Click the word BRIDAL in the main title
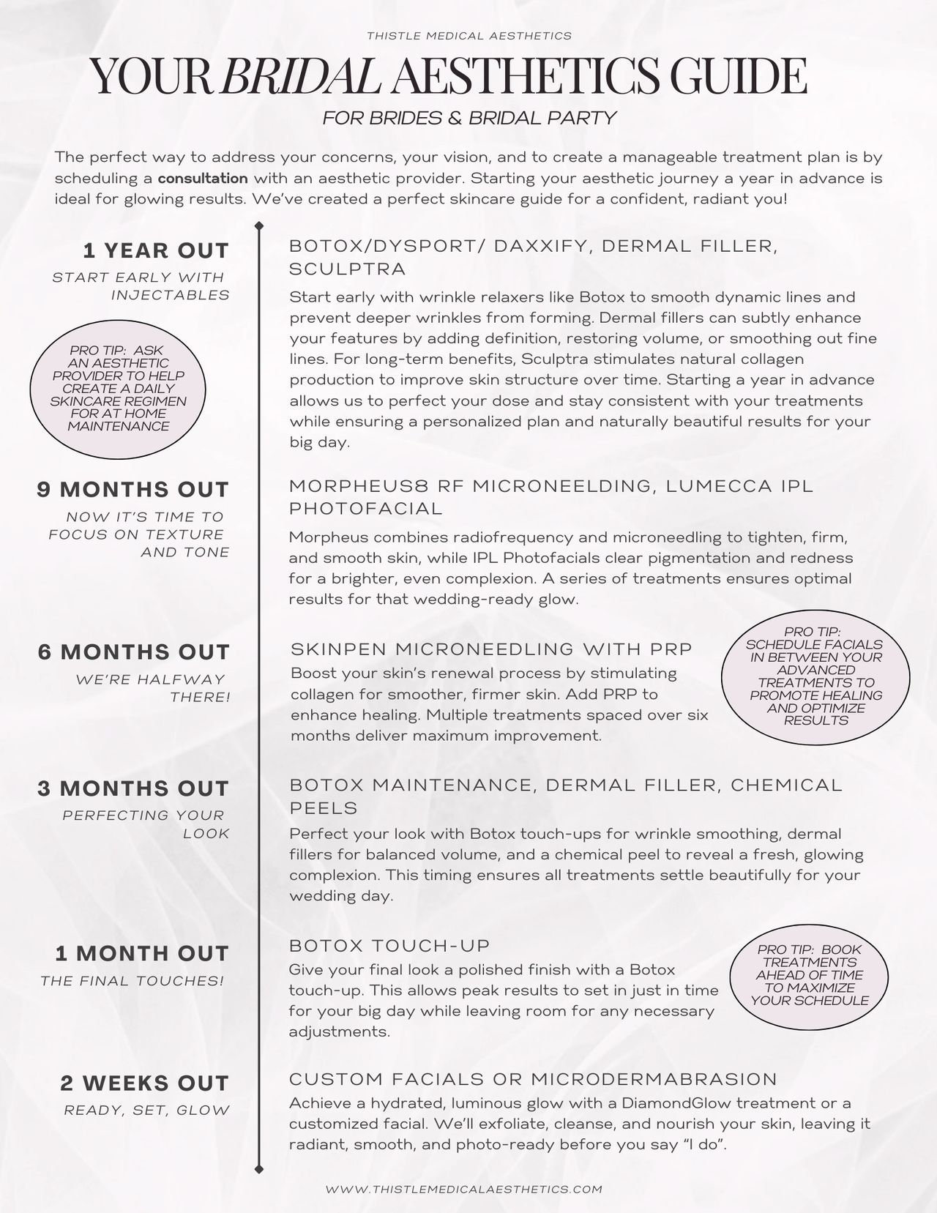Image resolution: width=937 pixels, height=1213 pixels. tap(301, 76)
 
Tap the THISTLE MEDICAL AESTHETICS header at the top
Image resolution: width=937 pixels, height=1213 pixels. tap(469, 35)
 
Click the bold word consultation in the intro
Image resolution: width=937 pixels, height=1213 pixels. tap(203, 178)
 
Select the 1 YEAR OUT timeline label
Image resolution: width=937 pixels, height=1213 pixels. tap(156, 251)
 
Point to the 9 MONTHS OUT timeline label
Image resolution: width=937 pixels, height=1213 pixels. tap(133, 490)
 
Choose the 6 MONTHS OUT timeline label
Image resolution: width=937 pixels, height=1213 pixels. tap(134, 652)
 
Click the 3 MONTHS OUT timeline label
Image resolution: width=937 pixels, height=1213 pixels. tap(134, 788)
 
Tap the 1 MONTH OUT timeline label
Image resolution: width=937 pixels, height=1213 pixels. tap(142, 954)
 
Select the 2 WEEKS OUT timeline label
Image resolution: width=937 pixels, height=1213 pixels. tap(145, 1083)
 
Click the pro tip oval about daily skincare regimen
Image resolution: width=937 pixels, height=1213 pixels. tap(118, 389)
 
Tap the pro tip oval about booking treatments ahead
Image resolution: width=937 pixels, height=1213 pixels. tap(810, 975)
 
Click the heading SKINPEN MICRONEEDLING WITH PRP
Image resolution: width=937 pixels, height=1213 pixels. tap(491, 649)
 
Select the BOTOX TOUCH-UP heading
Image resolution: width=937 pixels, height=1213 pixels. tap(389, 946)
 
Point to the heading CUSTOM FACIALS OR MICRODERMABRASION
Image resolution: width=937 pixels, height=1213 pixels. tap(533, 1079)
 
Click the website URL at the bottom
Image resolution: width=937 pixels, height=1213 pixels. tap(464, 1190)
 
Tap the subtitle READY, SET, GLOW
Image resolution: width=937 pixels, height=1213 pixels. tap(147, 1111)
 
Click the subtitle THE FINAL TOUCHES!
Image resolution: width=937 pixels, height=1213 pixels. tap(132, 981)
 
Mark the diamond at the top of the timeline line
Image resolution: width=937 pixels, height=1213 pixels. tap(258, 225)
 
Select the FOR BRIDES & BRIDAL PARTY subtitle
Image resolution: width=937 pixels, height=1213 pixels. tap(469, 118)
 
